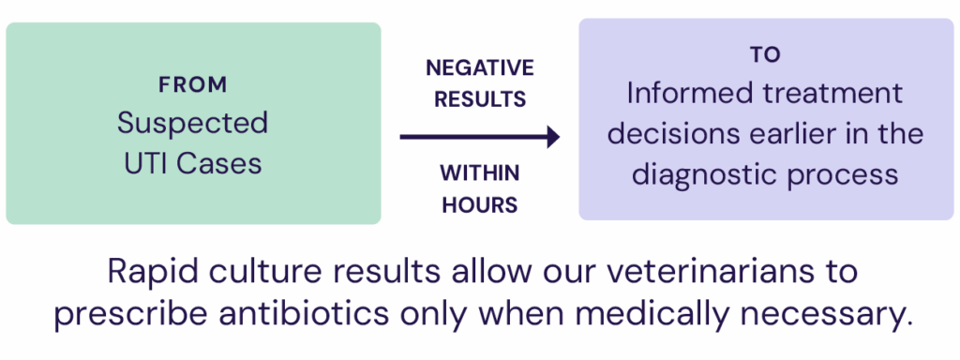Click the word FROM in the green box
point(193,85)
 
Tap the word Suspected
point(193,124)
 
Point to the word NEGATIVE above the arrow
point(480,67)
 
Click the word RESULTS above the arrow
point(480,99)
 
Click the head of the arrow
point(553,137)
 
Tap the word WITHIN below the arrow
point(480,173)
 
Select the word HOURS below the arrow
point(480,205)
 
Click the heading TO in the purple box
point(765,55)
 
